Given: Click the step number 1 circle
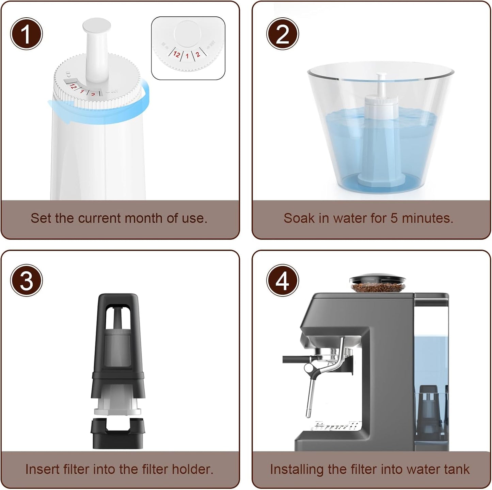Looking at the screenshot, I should click(x=27, y=34).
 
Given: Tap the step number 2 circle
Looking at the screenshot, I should click(x=282, y=34).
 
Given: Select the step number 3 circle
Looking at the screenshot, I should click(x=27, y=281).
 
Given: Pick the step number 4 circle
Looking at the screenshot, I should click(x=282, y=281).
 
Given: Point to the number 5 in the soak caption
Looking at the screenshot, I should click(x=394, y=218).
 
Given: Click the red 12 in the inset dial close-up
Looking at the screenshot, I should click(x=176, y=54).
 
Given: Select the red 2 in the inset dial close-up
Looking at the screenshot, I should click(x=197, y=54).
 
